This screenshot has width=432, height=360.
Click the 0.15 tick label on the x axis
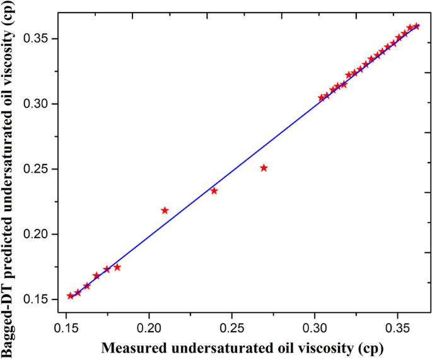pyautogui.click(x=66, y=329)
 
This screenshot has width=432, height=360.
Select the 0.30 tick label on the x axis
pyautogui.click(x=315, y=329)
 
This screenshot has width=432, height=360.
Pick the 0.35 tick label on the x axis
pyautogui.click(x=397, y=329)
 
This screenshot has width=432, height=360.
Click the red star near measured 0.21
pyautogui.click(x=165, y=211)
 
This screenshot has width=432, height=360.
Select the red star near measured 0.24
pyautogui.click(x=214, y=191)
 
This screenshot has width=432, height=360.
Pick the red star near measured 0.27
pyautogui.click(x=264, y=168)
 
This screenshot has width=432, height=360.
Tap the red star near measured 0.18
pyautogui.click(x=117, y=267)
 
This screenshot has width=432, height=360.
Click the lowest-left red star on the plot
pyautogui.click(x=70, y=296)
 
